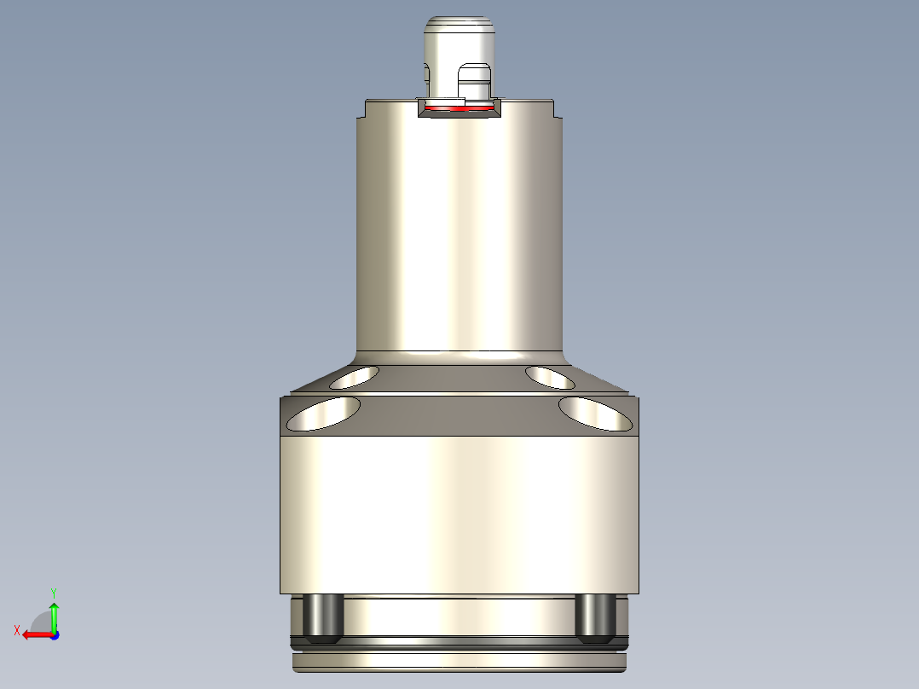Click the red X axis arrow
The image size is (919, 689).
coord(34,634)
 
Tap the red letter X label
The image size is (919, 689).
coord(17,630)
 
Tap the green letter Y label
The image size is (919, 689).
coord(54,592)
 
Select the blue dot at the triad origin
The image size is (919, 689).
coord(54,635)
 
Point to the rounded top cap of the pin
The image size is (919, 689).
coord(460,30)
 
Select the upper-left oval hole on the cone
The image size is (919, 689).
coord(355,377)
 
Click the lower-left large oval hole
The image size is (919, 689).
coord(323,413)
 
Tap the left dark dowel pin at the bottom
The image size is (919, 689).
coord(324,617)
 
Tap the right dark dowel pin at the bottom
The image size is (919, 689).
coord(595,617)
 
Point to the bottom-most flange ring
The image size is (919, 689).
coord(460,661)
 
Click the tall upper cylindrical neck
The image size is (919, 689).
coord(460,230)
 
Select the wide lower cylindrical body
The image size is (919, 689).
coord(460,512)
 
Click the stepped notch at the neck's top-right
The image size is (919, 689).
coord(556,110)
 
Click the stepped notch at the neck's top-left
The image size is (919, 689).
coord(362,110)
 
